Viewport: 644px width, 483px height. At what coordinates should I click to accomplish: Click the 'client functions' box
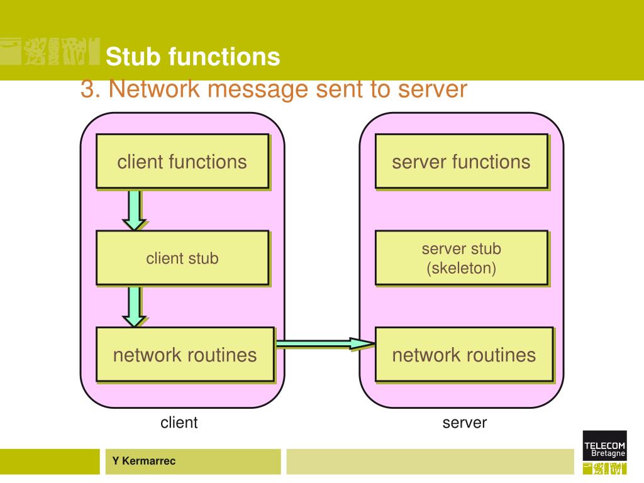click(183, 162)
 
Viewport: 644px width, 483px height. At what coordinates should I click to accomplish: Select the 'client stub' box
click(183, 258)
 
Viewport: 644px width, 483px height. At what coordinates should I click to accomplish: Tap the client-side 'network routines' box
click(186, 355)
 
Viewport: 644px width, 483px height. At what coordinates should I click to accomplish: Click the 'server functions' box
click(462, 162)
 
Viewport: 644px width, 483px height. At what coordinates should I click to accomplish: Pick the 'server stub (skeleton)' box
click(462, 258)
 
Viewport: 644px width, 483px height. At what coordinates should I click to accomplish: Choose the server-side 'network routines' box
click(464, 355)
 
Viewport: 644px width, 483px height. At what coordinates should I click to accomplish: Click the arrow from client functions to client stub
click(135, 210)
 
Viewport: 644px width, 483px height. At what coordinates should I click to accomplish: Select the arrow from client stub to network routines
click(135, 307)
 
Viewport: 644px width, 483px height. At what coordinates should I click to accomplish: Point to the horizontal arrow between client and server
click(325, 343)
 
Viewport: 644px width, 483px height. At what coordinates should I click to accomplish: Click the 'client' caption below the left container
click(179, 422)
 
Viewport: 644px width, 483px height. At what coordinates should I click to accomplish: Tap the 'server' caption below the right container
click(465, 423)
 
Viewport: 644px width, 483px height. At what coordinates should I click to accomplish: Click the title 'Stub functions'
click(192, 56)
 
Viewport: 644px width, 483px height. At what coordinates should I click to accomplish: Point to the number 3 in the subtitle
click(87, 89)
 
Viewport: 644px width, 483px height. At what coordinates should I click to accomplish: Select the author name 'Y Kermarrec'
click(144, 461)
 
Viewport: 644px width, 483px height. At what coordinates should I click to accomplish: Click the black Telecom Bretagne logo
click(604, 445)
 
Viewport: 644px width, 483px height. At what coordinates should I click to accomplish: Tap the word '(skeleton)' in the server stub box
click(462, 268)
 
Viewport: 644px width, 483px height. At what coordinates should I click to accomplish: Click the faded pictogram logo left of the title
click(50, 52)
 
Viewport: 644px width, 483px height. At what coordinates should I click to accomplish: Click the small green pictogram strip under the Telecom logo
click(604, 468)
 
